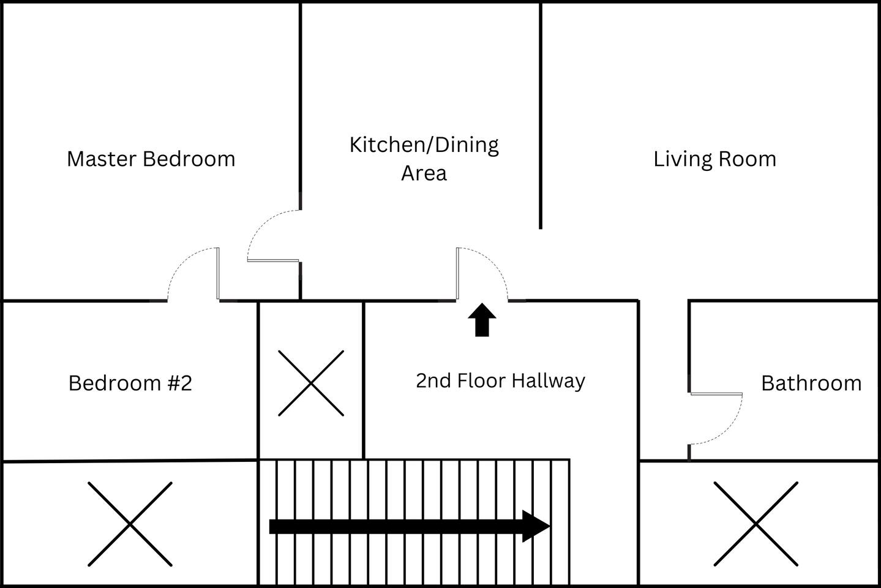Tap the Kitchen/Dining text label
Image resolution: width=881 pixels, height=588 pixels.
tap(424, 145)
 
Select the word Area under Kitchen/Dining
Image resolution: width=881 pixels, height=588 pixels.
tap(424, 173)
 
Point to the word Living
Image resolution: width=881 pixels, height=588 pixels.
tap(683, 160)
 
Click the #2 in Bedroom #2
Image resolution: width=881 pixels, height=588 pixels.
tap(180, 383)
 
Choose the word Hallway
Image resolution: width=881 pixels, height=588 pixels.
tap(549, 381)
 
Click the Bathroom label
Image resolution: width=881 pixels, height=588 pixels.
tap(811, 383)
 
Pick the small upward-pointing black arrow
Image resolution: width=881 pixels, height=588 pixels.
tap(482, 320)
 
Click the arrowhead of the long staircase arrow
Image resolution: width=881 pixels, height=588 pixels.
tap(536, 526)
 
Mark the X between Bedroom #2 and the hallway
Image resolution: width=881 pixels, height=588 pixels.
tap(311, 383)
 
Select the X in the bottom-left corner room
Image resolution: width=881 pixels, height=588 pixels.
tap(130, 524)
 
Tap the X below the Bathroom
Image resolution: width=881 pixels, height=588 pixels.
tap(756, 524)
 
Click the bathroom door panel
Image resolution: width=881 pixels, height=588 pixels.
tap(716, 394)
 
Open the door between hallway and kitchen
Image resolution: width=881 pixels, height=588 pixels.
tap(457, 274)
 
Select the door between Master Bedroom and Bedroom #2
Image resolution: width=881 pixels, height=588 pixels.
tap(218, 274)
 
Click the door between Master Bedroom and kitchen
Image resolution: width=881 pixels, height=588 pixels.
tap(273, 260)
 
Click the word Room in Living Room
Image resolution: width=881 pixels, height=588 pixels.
tap(748, 159)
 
